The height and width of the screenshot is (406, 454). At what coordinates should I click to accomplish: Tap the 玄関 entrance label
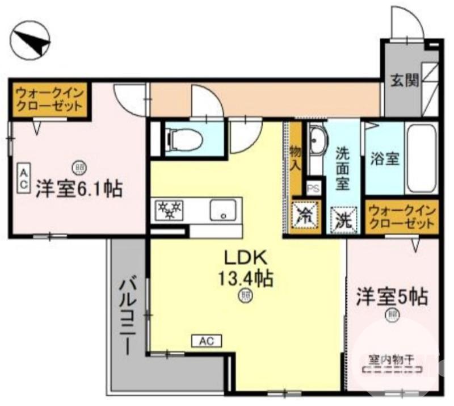404,81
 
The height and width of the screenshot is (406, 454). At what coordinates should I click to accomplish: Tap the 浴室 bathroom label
384,158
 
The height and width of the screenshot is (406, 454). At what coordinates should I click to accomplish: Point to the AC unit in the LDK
206,341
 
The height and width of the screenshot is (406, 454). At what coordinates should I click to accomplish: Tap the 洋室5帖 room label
392,296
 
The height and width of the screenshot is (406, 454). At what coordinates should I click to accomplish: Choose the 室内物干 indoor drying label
392,359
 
